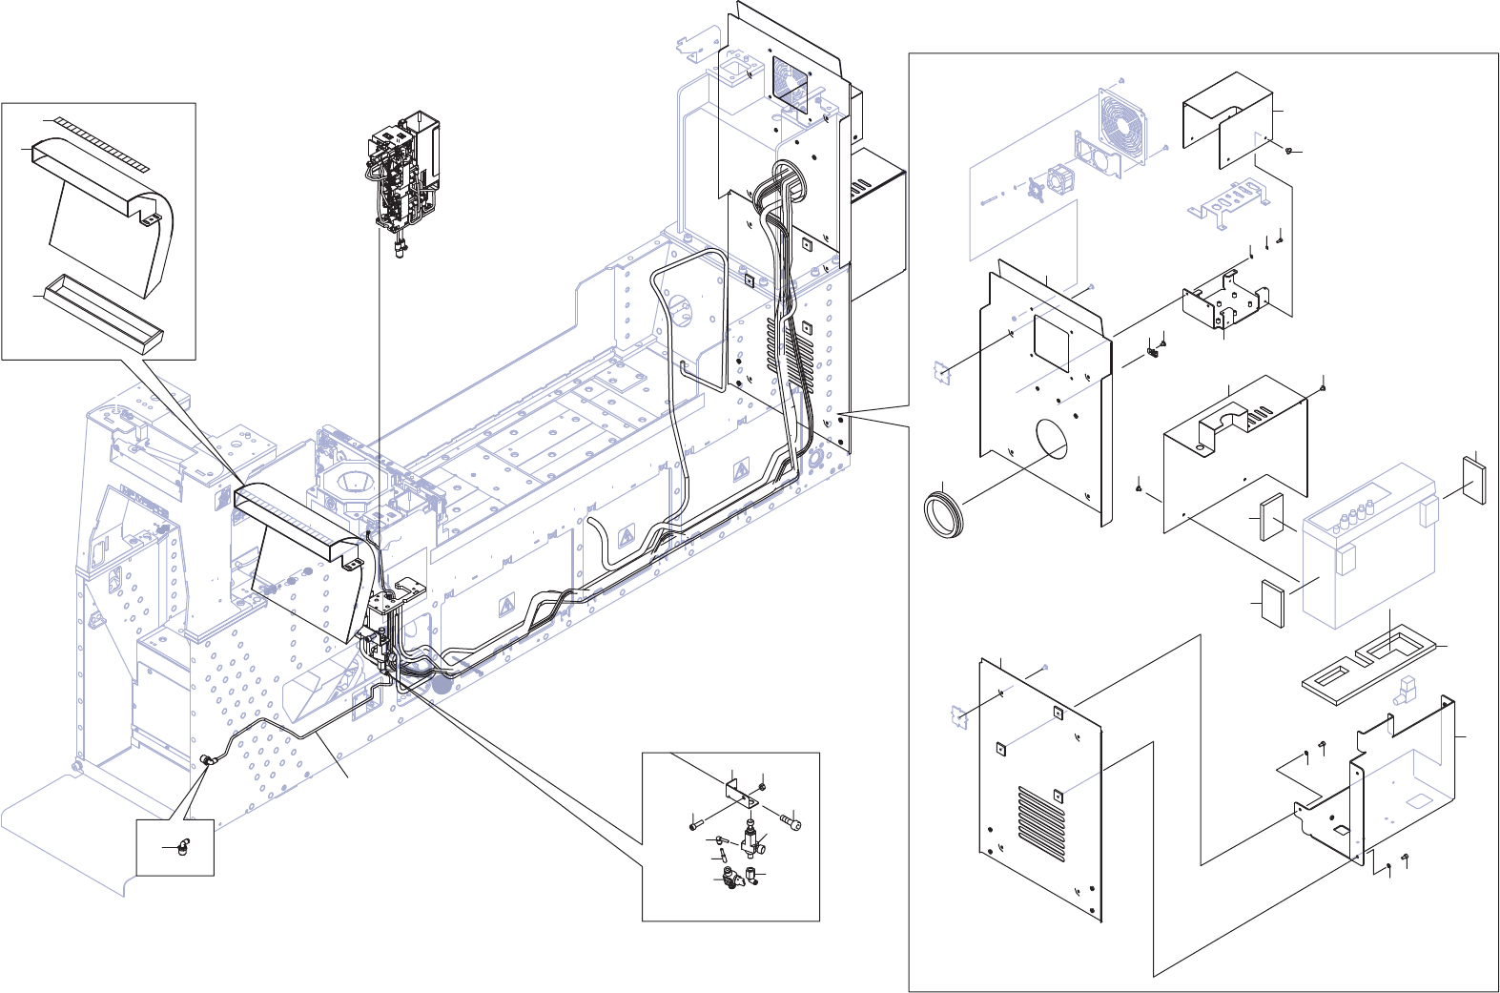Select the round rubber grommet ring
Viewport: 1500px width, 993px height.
pyautogui.click(x=945, y=510)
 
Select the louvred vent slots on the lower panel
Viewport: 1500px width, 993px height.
pyautogui.click(x=1041, y=821)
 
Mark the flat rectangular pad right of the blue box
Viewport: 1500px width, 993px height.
pyautogui.click(x=1473, y=480)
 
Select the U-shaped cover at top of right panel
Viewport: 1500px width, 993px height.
pyautogui.click(x=1229, y=119)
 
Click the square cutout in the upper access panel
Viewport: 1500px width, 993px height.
pyautogui.click(x=1053, y=342)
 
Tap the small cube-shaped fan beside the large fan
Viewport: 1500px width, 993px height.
pyautogui.click(x=1060, y=178)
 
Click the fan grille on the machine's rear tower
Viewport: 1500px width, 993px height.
pyautogui.click(x=790, y=83)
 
